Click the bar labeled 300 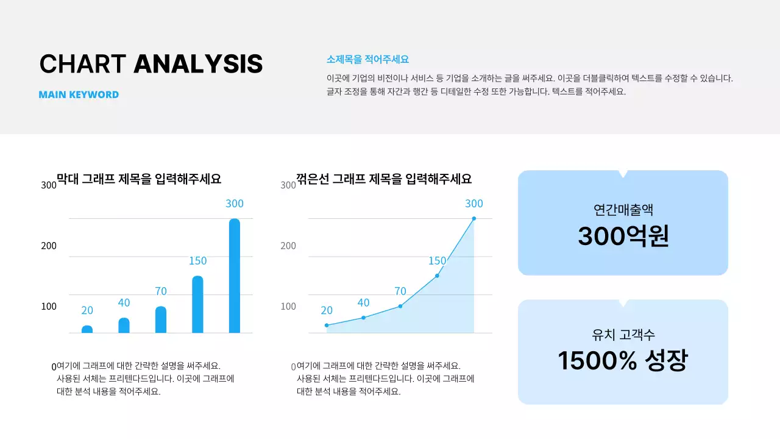click(x=235, y=276)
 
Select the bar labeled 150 click(x=197, y=304)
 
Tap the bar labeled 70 click(x=161, y=319)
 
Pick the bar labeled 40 click(x=124, y=326)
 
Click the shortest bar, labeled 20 click(x=87, y=329)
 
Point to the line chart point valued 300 click(x=473, y=218)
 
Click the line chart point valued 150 click(x=437, y=276)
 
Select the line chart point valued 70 click(x=400, y=306)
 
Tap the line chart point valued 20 click(x=327, y=325)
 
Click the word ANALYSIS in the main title click(x=198, y=64)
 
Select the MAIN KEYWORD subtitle click(x=79, y=95)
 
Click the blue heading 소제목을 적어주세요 click(x=367, y=59)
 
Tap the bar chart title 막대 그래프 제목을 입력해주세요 click(x=139, y=179)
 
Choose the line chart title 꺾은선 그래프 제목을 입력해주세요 click(x=384, y=179)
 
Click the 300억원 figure click(x=623, y=236)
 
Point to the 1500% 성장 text click(x=623, y=360)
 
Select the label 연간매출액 click(x=623, y=210)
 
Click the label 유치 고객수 click(x=623, y=334)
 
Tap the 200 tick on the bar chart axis click(x=49, y=246)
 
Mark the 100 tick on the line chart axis click(x=288, y=306)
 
